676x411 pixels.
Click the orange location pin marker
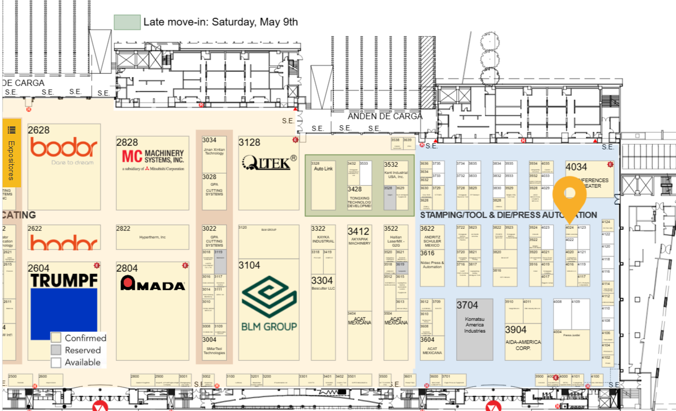pyautogui.click(x=569, y=193)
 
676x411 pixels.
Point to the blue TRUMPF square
pyautogui.click(x=64, y=314)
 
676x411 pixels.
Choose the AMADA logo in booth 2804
pyautogui.click(x=152, y=283)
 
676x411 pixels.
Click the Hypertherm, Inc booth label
pyautogui.click(x=152, y=237)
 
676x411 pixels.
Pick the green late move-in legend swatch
pyautogui.click(x=127, y=22)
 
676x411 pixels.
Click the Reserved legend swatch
pyautogui.click(x=56, y=350)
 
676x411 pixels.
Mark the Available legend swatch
pyautogui.click(x=56, y=362)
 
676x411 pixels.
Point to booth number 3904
pyautogui.click(x=516, y=330)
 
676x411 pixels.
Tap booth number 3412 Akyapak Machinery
pyautogui.click(x=359, y=232)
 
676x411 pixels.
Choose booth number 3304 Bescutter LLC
pyautogui.click(x=322, y=280)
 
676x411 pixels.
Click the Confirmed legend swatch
pyautogui.click(x=56, y=338)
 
